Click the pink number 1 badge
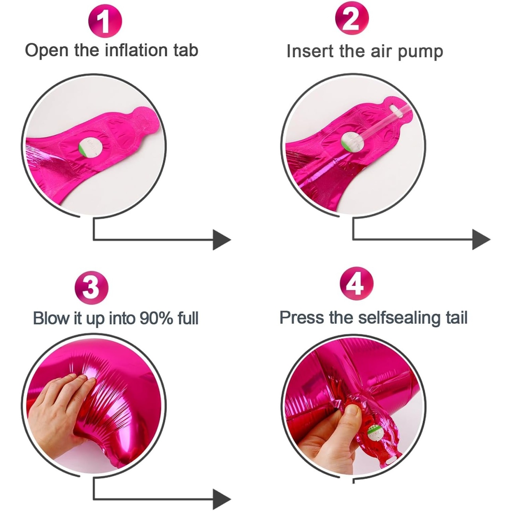pos(105,21)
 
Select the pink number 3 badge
pos(91,288)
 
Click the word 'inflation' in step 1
pos(137,50)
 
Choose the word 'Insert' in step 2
pos(310,51)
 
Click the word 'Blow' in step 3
pos(51,318)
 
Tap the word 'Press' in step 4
pos(302,317)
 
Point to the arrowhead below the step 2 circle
pos(481,240)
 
